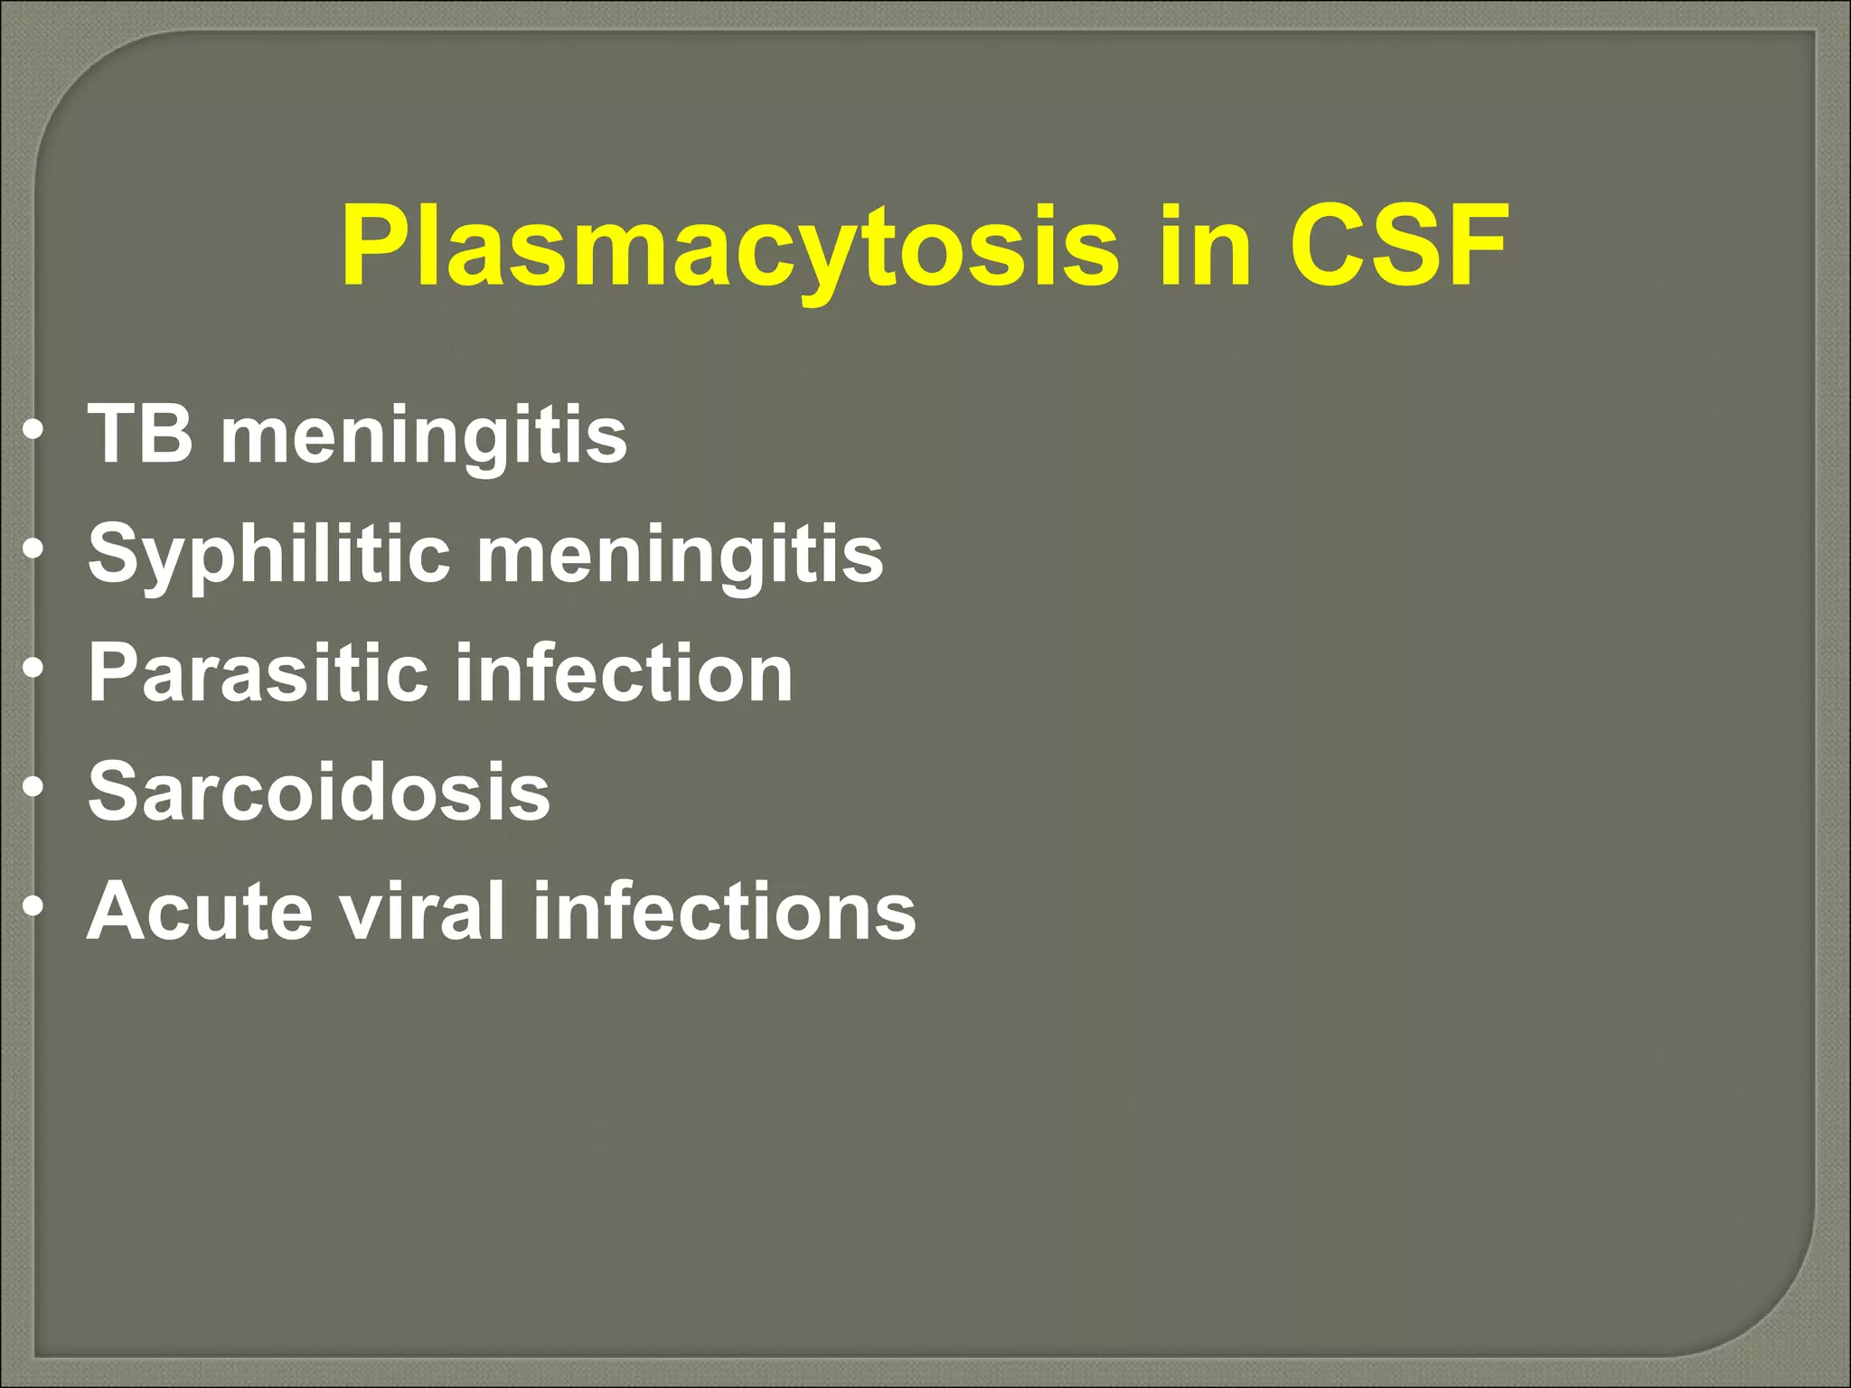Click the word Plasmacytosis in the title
coord(728,247)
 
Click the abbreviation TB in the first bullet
coord(140,435)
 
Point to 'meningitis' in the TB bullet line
coord(424,436)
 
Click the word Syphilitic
coord(268,554)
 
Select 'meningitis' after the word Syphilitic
coord(680,554)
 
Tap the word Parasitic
coord(258,672)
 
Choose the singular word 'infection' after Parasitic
coord(624,672)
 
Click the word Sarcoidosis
coord(318,792)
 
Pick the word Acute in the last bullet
coord(200,911)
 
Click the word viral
coord(422,911)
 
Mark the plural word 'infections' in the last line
coord(724,911)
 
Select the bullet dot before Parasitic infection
coord(33,670)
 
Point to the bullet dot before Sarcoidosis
coord(33,789)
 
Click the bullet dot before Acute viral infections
coord(33,908)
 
